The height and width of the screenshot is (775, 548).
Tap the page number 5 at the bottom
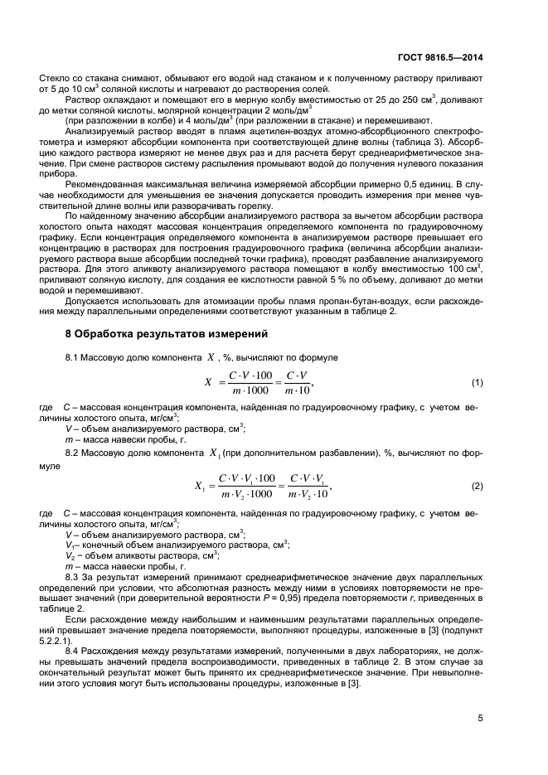(x=480, y=719)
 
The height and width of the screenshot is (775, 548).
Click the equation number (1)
(x=477, y=382)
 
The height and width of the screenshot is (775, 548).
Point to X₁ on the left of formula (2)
(x=200, y=486)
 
